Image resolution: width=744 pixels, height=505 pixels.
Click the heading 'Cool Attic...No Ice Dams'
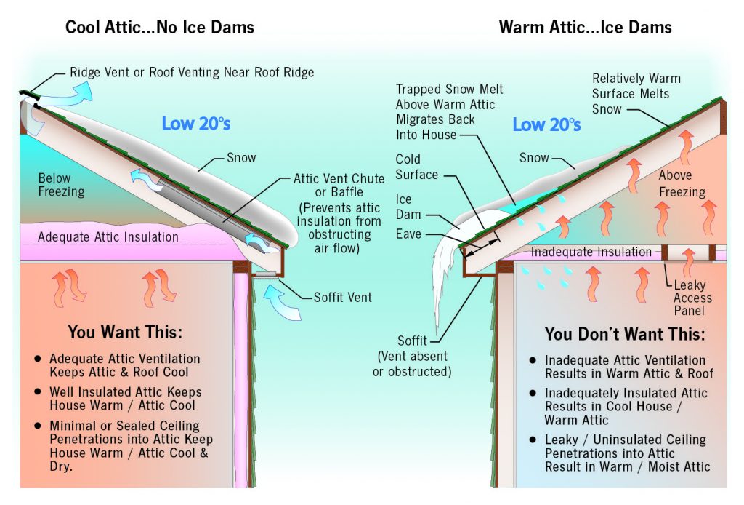pos(160,28)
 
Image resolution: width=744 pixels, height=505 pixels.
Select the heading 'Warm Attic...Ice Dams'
pos(585,28)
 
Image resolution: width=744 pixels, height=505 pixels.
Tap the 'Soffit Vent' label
pos(343,297)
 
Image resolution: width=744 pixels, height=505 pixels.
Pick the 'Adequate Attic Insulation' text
pos(108,236)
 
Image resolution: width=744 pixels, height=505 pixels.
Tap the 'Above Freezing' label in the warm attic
pos(682,184)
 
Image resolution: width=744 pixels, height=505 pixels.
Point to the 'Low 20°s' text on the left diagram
pos(196,123)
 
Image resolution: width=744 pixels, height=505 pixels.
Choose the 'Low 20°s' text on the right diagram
pos(546,124)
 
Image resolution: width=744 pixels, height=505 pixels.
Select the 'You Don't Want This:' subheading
pos(624,334)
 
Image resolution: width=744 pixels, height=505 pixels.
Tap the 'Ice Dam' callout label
pos(404,207)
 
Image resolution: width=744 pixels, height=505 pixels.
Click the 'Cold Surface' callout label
pos(416,167)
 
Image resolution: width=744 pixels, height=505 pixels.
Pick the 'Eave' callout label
pos(409,234)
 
